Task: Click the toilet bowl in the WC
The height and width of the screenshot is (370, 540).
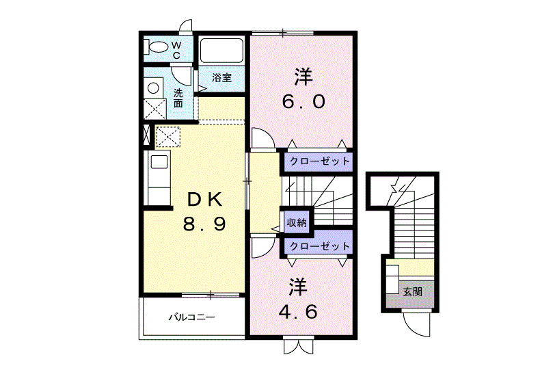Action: click(158, 48)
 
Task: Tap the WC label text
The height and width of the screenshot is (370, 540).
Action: click(176, 50)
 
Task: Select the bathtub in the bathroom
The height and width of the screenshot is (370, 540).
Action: click(221, 51)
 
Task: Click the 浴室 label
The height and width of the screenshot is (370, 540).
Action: click(221, 77)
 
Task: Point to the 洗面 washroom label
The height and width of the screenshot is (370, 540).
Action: click(178, 98)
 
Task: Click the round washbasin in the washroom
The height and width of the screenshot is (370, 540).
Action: click(153, 88)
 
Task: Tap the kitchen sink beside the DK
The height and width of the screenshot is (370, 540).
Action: click(159, 162)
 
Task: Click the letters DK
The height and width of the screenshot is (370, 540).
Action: click(204, 199)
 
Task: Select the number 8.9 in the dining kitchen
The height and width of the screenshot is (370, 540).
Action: click(204, 224)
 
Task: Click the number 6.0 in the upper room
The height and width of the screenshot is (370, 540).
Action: click(303, 102)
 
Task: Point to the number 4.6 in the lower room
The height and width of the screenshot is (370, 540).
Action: click(298, 312)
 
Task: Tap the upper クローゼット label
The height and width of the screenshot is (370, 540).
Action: click(320, 161)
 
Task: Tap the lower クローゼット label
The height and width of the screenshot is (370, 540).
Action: click(320, 246)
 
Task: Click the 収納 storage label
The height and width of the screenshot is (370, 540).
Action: click(297, 223)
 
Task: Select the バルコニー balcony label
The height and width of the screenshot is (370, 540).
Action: click(191, 317)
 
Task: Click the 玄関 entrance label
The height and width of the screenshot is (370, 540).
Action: click(412, 292)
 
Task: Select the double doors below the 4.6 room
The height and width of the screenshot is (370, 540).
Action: click(299, 347)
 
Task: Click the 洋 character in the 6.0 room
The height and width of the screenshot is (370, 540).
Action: click(303, 77)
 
